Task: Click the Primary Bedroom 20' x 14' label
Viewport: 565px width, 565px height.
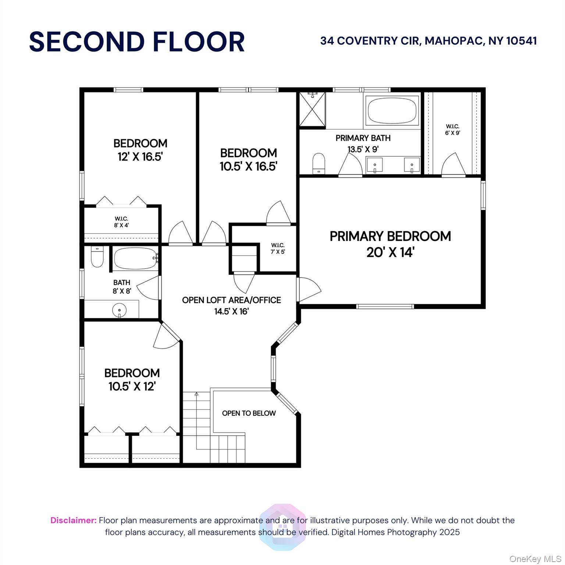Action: click(390, 244)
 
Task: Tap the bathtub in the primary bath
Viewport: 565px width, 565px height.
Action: click(392, 110)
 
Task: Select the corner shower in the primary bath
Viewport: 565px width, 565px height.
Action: click(312, 109)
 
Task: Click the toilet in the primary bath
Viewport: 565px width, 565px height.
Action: click(319, 163)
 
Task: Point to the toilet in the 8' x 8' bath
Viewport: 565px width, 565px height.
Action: click(97, 257)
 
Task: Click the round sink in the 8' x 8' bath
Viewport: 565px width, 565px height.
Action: click(119, 310)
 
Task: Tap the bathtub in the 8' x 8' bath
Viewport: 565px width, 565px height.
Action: click(135, 259)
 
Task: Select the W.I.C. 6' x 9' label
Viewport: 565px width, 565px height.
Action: click(452, 129)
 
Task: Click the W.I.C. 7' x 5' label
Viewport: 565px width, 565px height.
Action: click(278, 248)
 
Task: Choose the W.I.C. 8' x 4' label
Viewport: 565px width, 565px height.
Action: click(121, 222)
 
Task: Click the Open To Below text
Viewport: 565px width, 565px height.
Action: click(249, 413)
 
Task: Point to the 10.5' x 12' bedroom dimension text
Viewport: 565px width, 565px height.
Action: click(132, 386)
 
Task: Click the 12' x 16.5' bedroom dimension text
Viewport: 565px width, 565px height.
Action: click(140, 157)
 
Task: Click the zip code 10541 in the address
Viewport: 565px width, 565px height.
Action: click(521, 40)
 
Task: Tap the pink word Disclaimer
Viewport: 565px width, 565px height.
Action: click(73, 520)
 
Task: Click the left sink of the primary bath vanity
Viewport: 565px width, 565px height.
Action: click(374, 164)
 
